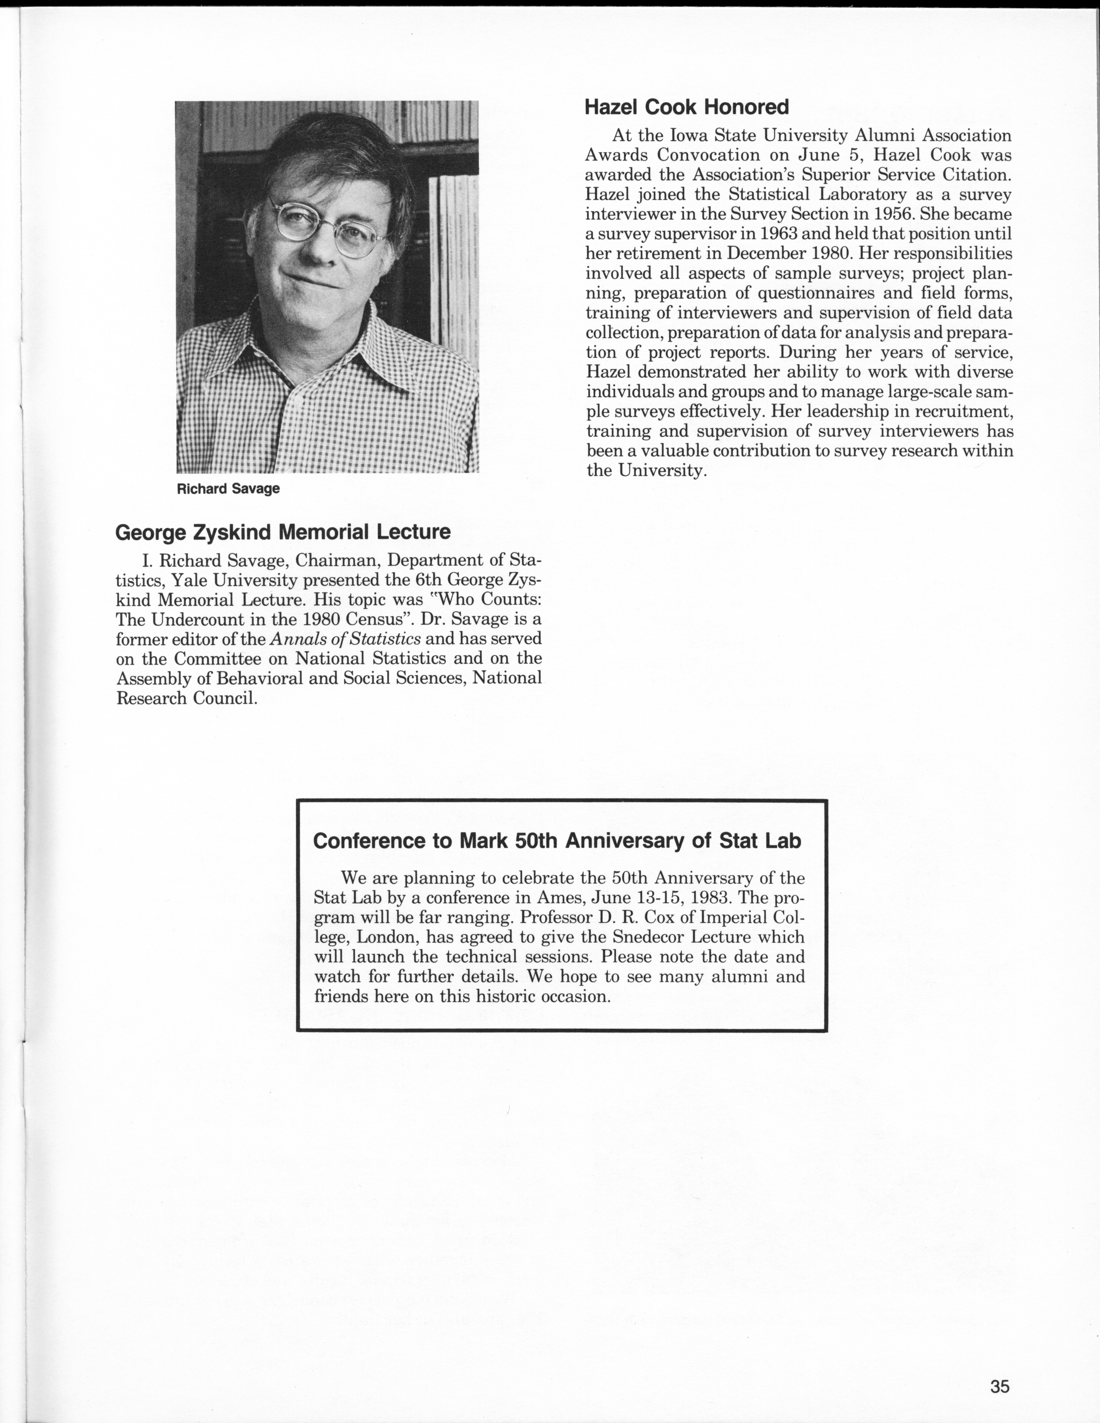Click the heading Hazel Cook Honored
click(x=686, y=107)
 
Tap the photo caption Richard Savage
click(x=228, y=489)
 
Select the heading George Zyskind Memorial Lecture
click(x=283, y=532)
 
